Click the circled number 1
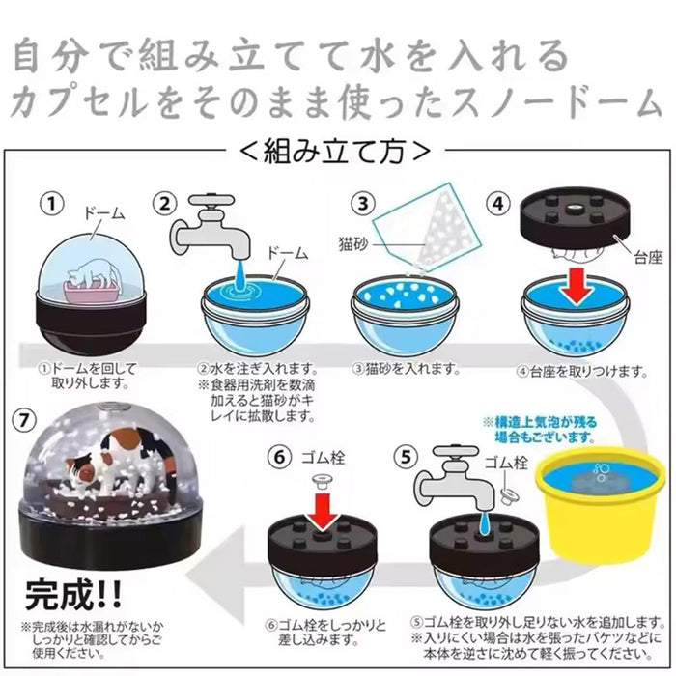click(x=52, y=203)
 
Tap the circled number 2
click(x=165, y=203)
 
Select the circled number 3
click(x=363, y=203)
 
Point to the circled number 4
click(x=498, y=203)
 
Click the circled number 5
click(x=406, y=457)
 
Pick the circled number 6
click(x=280, y=457)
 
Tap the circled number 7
click(x=24, y=420)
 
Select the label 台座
click(x=648, y=258)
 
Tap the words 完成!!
click(x=73, y=596)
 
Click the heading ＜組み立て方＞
click(x=335, y=152)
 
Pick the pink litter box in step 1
click(x=91, y=293)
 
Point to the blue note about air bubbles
click(x=540, y=430)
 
